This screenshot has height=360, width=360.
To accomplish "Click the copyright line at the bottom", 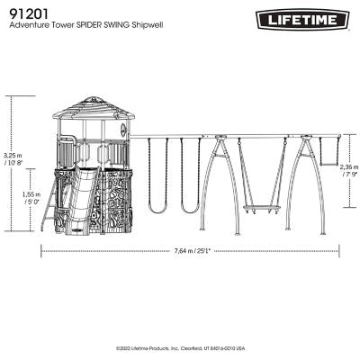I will coord(180,346).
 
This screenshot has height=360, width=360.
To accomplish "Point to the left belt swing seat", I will coord(157,210).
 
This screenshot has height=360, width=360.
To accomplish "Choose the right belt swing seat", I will coord(189,210).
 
